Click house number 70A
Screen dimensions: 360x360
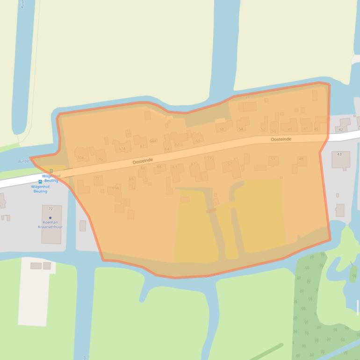point(80,158)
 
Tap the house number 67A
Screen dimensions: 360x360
point(122,149)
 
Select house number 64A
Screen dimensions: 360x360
point(153,141)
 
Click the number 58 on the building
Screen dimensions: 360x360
point(222,129)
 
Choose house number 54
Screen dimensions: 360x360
point(241,129)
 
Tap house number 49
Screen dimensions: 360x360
point(290,129)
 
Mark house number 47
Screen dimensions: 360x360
point(306,129)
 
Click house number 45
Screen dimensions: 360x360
point(317,129)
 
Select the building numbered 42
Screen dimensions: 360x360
point(340,130)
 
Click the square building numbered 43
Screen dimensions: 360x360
point(339,154)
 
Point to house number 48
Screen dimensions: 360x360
point(301,159)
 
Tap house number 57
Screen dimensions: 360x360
point(230,164)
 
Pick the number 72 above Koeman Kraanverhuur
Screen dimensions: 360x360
point(50,209)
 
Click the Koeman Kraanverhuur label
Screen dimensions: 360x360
point(50,224)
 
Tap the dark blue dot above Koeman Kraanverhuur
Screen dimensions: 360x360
point(50,218)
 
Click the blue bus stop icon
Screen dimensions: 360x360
point(40,181)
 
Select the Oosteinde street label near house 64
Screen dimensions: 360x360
point(143,160)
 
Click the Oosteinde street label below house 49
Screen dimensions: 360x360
point(281,139)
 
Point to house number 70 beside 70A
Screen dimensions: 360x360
point(100,159)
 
